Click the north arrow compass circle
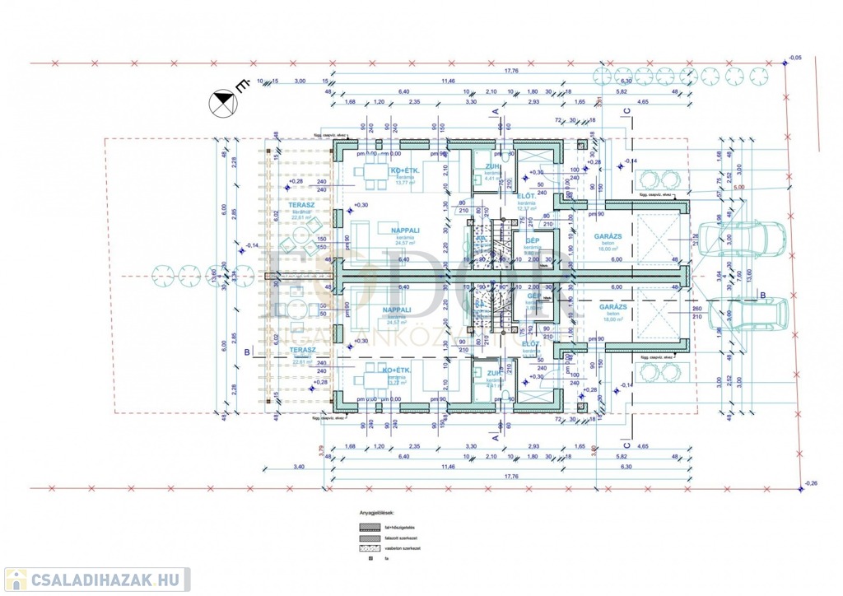click(x=223, y=104)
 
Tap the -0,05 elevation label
click(x=794, y=58)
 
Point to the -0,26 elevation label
click(x=810, y=483)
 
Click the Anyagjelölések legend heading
click(x=375, y=510)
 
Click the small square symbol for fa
click(x=371, y=560)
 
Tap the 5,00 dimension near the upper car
click(x=738, y=188)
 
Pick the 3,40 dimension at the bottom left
click(x=298, y=467)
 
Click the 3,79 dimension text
click(x=321, y=449)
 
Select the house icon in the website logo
click(x=16, y=580)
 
